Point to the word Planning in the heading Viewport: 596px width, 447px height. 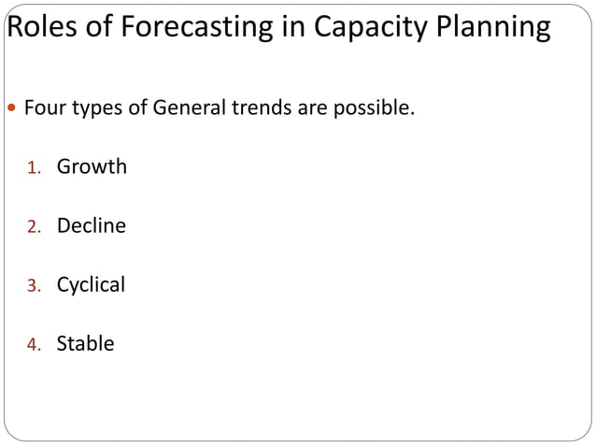[495, 28]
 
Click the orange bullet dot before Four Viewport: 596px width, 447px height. [12, 109]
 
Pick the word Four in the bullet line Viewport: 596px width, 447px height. [43, 108]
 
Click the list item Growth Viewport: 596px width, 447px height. [92, 167]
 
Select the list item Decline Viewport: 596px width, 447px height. [91, 225]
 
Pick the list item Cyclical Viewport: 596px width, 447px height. [91, 284]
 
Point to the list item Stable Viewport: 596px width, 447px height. [85, 343]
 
